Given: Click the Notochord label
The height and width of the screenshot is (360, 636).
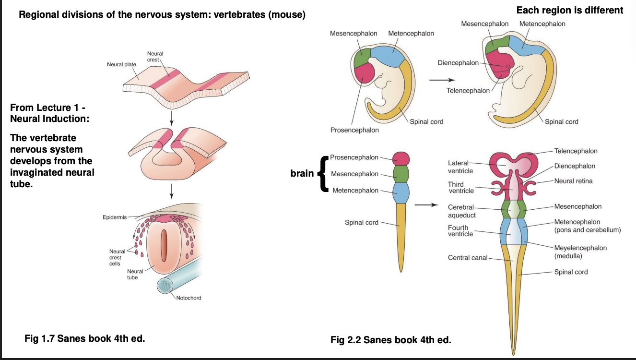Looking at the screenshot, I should click(188, 298).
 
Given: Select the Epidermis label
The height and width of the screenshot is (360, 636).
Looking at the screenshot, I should click(115, 217).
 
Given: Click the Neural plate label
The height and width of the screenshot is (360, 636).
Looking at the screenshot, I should click(121, 64).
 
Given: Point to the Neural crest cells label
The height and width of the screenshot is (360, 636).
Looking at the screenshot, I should click(117, 257).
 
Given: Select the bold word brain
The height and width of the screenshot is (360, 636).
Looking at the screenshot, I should click(302, 173).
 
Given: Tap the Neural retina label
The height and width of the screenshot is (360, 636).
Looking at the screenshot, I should click(573, 181).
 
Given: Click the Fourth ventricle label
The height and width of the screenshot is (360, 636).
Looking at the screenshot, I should click(460, 231).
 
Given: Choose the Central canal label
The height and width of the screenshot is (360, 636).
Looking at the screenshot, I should click(467, 258).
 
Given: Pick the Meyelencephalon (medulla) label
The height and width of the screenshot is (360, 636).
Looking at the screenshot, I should click(580, 252).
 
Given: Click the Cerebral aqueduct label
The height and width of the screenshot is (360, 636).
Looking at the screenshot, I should click(461, 211).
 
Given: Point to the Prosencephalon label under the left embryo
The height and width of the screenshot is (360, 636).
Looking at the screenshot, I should click(354, 130).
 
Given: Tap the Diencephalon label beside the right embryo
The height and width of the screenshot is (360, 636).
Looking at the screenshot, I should click(458, 63).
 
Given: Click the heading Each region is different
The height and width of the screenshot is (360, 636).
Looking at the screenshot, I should click(570, 10).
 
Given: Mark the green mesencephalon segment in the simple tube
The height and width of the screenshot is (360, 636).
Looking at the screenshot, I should click(400, 173).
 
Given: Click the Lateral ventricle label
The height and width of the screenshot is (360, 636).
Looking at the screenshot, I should click(460, 167).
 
